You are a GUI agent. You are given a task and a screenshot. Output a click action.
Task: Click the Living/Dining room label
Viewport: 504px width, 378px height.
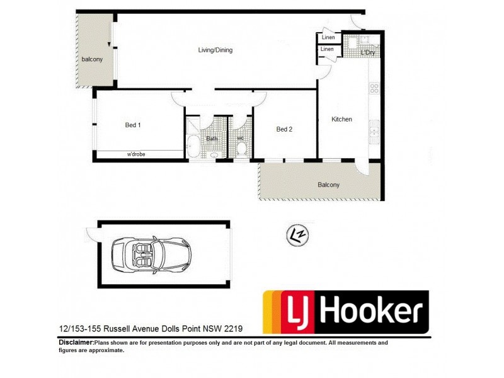(x=215, y=50)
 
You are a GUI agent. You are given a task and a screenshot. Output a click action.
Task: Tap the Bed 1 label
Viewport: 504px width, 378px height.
(x=132, y=125)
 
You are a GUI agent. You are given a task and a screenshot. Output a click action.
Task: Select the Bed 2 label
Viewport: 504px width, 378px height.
(x=284, y=130)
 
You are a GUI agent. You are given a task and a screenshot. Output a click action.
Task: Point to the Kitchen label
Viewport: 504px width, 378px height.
(x=342, y=120)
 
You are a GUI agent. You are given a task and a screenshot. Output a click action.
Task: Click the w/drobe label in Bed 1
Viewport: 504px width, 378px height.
(x=136, y=154)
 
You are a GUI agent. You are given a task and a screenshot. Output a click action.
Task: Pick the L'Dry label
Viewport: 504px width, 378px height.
(x=367, y=53)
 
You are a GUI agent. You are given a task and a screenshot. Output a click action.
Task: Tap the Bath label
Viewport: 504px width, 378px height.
(x=212, y=138)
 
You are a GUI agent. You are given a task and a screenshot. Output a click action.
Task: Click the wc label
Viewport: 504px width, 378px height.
(x=240, y=138)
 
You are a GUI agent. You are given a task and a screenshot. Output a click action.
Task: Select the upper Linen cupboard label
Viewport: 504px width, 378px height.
(x=328, y=38)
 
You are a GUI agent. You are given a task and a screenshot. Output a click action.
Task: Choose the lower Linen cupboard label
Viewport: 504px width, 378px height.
(x=328, y=49)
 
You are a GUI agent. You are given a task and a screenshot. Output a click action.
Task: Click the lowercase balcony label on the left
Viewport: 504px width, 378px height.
(x=91, y=60)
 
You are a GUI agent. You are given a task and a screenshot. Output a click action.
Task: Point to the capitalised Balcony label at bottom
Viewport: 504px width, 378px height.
(x=328, y=185)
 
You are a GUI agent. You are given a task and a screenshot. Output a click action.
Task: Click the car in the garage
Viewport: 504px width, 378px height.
(x=152, y=255)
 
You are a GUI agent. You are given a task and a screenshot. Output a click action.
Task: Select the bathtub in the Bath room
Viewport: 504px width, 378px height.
(x=192, y=147)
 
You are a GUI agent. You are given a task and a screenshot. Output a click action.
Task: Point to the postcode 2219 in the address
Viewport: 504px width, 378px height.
(x=232, y=329)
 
